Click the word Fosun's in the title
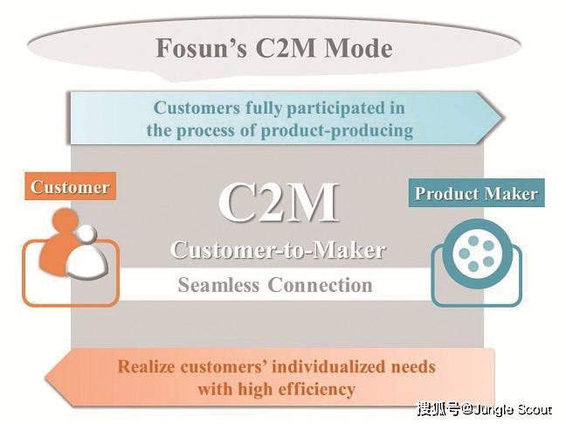[201, 48]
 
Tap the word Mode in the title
[358, 48]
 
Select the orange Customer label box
[70, 186]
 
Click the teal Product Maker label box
[477, 193]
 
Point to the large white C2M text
[279, 203]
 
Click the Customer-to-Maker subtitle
[278, 249]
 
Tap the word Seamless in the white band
[218, 285]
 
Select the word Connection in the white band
[321, 285]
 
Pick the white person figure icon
[87, 253]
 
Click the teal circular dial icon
[477, 254]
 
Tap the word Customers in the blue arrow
[197, 108]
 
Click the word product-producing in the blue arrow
[337, 130]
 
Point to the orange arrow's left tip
[46, 379]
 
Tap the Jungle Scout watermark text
[512, 409]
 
